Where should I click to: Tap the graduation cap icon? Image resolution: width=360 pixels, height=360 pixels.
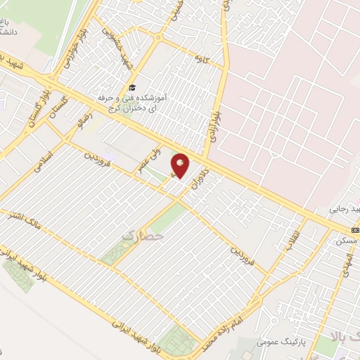point(131,87)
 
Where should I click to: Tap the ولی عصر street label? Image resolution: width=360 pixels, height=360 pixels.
point(160,150)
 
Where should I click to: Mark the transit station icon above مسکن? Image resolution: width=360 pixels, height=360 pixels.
point(354,230)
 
